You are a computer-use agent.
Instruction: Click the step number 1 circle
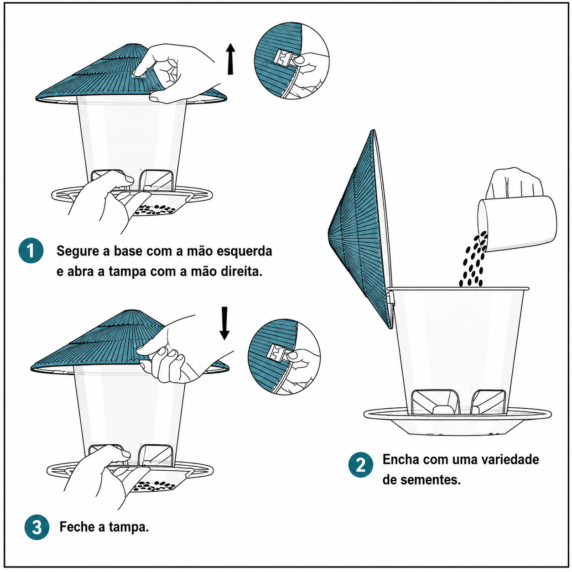tap(31, 250)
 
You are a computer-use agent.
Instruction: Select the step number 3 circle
tap(37, 527)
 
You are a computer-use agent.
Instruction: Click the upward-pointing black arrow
tap(230, 59)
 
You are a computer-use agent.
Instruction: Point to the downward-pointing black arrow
tap(224, 323)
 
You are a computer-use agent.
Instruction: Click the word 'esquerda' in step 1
tap(244, 251)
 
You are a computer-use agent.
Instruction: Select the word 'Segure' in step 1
tap(78, 252)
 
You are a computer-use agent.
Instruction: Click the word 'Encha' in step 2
tap(401, 459)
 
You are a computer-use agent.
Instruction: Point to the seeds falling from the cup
tap(473, 260)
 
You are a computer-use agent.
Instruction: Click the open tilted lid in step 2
tap(361, 229)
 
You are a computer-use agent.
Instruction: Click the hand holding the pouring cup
tap(514, 183)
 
